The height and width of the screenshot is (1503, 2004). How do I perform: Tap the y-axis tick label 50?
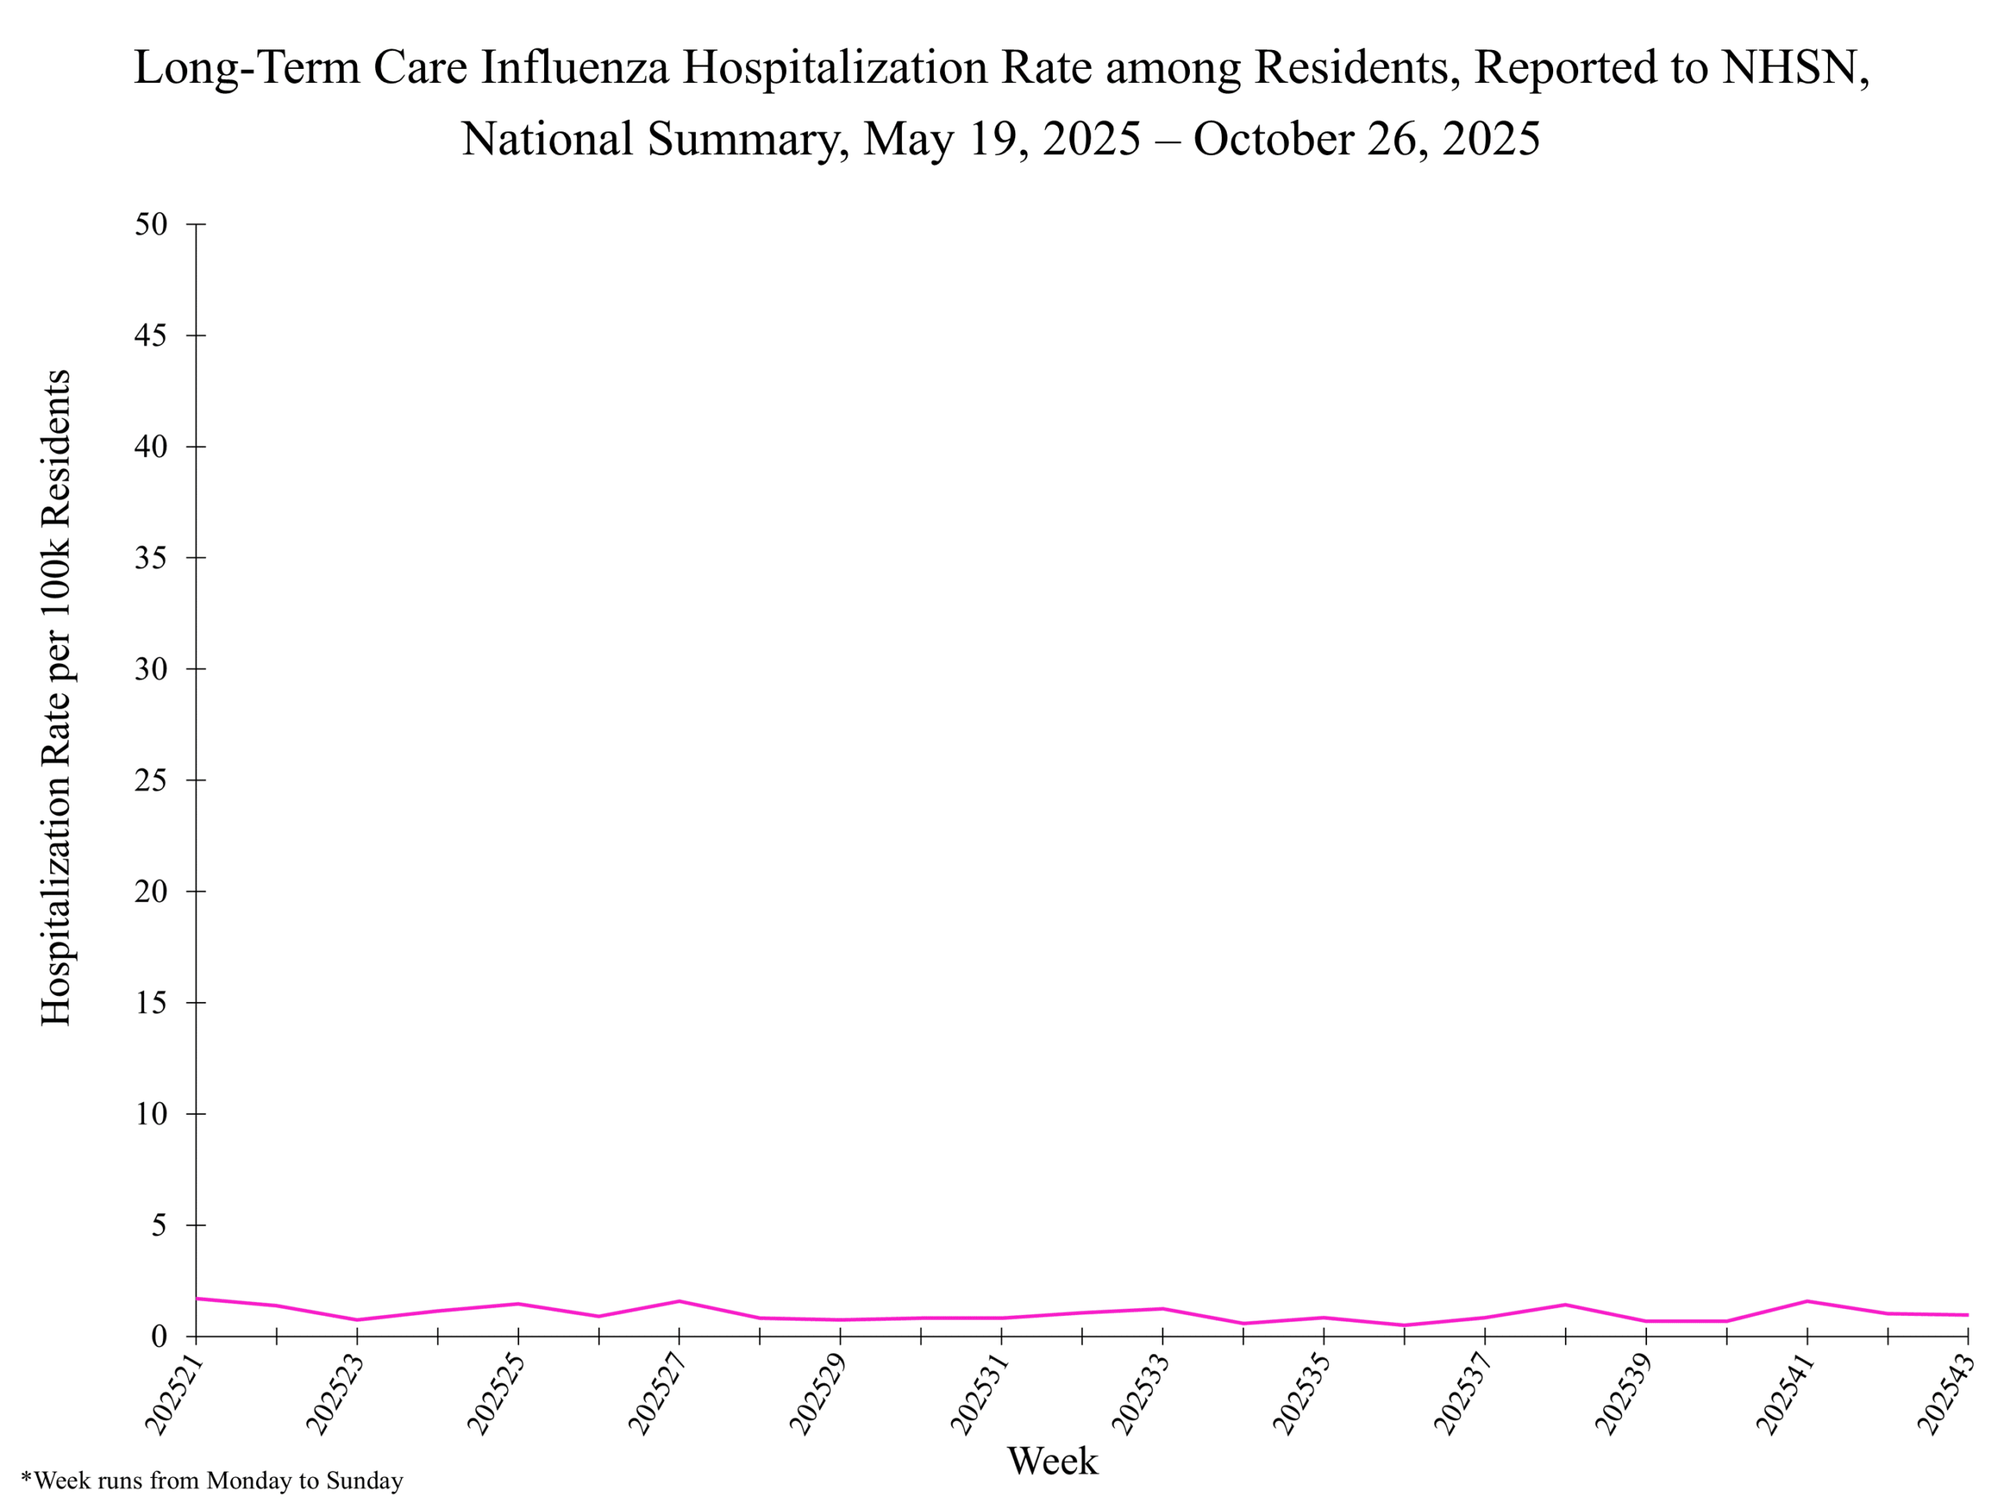(152, 224)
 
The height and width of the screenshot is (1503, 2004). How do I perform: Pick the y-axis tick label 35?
(152, 558)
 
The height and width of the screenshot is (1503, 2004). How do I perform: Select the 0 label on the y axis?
(160, 1336)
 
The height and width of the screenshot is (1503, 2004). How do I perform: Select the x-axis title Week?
(1053, 1462)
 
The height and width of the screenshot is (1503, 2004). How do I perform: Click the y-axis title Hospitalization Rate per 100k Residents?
(56, 697)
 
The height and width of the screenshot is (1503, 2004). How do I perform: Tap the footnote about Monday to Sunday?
(212, 1481)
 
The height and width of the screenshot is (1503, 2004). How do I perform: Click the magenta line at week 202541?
(1808, 1301)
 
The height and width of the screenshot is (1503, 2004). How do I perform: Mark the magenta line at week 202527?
(679, 1301)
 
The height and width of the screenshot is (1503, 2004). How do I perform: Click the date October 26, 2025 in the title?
(1366, 139)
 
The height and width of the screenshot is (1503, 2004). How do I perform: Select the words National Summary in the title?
(654, 139)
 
